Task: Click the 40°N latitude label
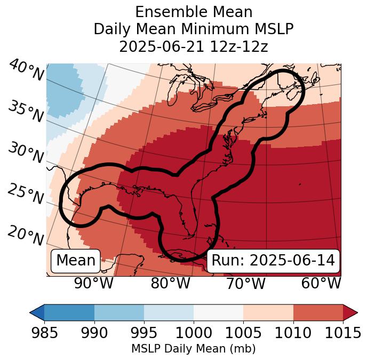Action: coord(26,71)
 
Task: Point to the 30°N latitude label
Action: coord(26,153)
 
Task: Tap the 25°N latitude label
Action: coord(26,194)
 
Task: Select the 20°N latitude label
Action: coord(26,236)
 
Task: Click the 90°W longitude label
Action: coord(93,284)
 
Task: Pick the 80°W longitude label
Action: coord(170,284)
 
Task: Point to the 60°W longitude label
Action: coord(321,284)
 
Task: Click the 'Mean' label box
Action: coord(76,261)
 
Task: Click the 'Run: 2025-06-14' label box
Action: coord(273,261)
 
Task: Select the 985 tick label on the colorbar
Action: coord(44,333)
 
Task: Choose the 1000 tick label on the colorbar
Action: coord(194,333)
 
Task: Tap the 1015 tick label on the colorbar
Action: coord(343,333)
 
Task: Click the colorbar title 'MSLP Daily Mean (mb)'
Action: coord(193,349)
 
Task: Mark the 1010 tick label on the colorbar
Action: coord(293,333)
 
